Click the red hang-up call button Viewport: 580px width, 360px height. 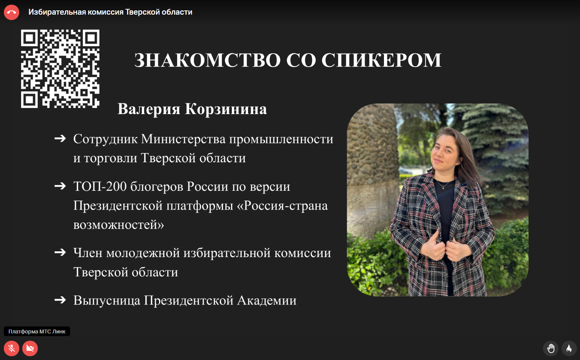pyautogui.click(x=12, y=12)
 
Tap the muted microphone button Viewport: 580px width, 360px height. pyautogui.click(x=12, y=348)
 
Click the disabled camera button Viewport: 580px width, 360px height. pyautogui.click(x=30, y=348)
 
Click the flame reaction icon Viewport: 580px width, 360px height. pyautogui.click(x=569, y=348)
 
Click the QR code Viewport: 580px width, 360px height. pyautogui.click(x=60, y=69)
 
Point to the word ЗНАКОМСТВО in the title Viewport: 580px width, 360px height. pyautogui.click(x=208, y=61)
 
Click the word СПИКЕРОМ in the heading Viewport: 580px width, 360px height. pyautogui.click(x=381, y=61)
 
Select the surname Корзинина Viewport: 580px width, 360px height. pyautogui.click(x=226, y=109)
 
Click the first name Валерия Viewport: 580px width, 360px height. pyautogui.click(x=149, y=109)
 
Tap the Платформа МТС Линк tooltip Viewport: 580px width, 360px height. pyautogui.click(x=37, y=331)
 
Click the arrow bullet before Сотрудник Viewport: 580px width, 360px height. pyautogui.click(x=60, y=139)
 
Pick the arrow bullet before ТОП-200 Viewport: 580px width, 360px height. pyautogui.click(x=60, y=186)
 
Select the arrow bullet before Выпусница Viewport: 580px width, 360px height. pyautogui.click(x=60, y=300)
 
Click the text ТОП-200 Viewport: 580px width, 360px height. pyautogui.click(x=100, y=186)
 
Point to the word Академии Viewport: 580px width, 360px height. pyautogui.click(x=267, y=301)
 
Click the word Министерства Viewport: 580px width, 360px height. pyautogui.click(x=183, y=139)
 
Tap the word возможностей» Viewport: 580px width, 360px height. pyautogui.click(x=119, y=225)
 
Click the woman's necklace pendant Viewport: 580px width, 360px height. pyautogui.click(x=443, y=188)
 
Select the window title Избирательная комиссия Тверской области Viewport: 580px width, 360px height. pyautogui.click(x=110, y=12)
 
